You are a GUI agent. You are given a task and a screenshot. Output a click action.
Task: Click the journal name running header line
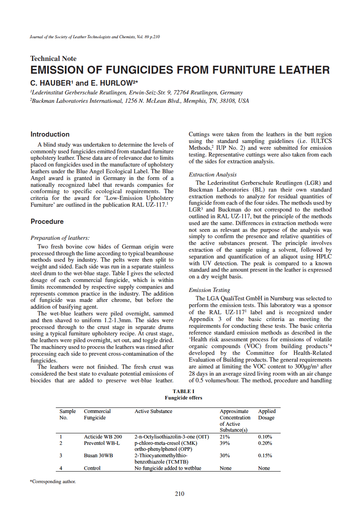(x=95, y=37)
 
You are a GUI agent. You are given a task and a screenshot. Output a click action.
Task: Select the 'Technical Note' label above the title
(x=53, y=59)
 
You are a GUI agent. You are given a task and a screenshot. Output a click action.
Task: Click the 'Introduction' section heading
(x=50, y=135)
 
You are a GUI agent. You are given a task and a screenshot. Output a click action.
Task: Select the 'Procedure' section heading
(x=47, y=222)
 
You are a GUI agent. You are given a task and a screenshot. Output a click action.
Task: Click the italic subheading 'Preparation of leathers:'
(x=60, y=238)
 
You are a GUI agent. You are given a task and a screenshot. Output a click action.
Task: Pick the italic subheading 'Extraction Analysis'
(x=212, y=174)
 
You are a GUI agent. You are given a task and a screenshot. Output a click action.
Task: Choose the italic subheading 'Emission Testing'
(x=209, y=290)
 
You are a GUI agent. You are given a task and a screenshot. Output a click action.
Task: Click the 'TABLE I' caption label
(x=183, y=392)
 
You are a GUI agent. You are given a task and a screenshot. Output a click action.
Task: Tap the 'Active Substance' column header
(x=153, y=411)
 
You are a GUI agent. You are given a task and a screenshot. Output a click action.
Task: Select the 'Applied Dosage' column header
(x=267, y=415)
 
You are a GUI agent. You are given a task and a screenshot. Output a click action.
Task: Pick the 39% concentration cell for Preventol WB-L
(x=225, y=443)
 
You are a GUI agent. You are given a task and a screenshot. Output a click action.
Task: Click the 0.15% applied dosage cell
(x=265, y=456)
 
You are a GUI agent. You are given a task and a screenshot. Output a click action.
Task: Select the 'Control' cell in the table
(x=92, y=468)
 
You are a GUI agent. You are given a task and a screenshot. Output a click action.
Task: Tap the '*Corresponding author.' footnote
(x=53, y=482)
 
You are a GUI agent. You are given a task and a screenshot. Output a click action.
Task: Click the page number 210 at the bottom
(x=180, y=494)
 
